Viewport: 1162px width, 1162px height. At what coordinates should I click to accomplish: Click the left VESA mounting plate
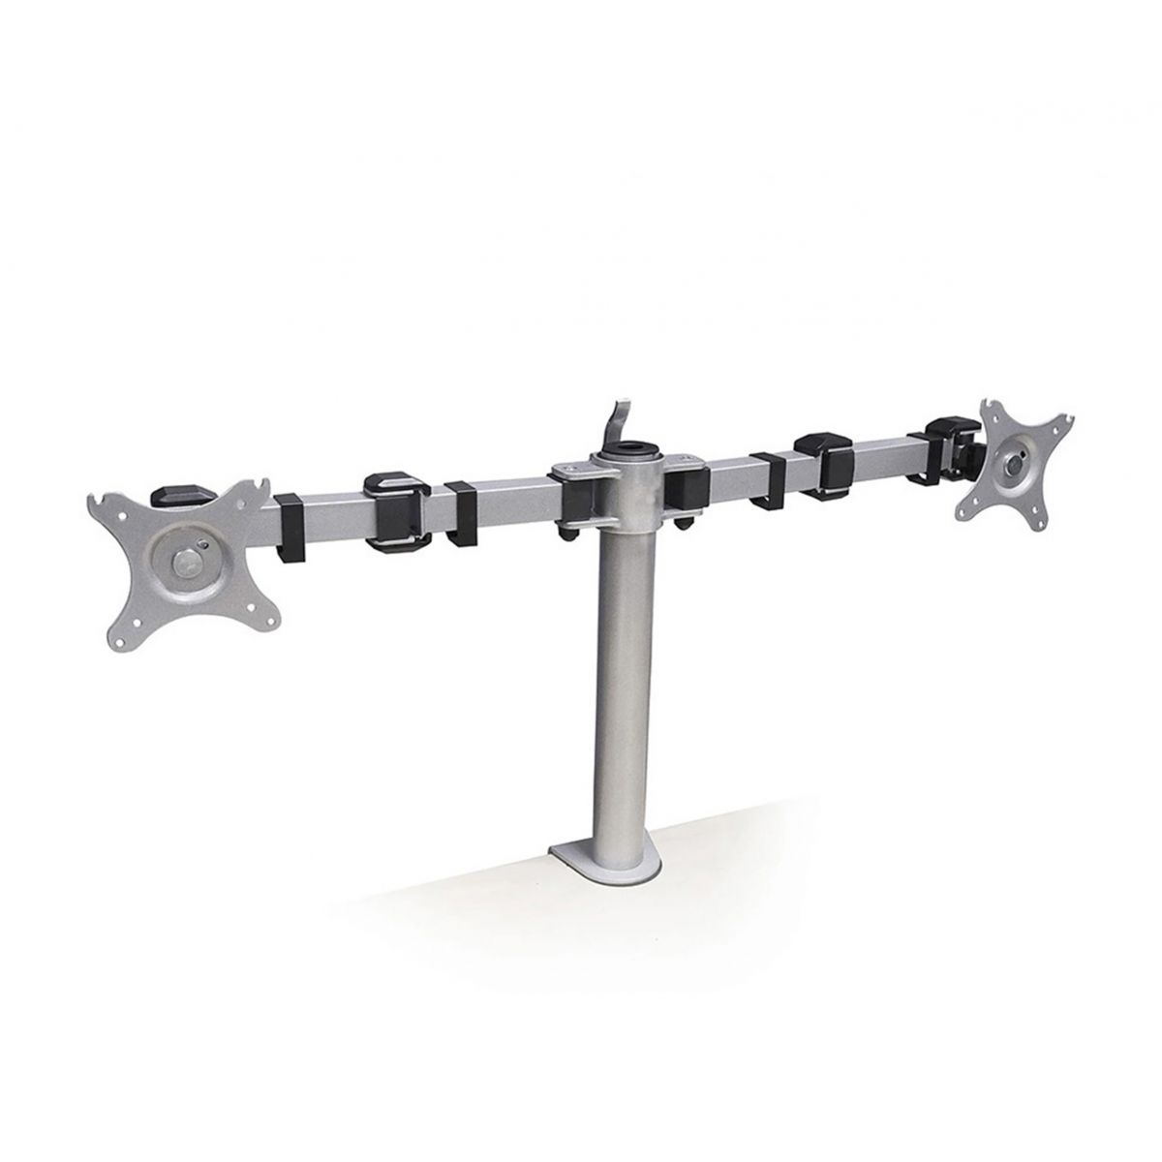click(x=184, y=562)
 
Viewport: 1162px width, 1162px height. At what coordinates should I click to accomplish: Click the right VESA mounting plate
click(x=1013, y=464)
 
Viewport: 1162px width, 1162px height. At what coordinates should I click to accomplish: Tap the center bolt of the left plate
click(x=183, y=561)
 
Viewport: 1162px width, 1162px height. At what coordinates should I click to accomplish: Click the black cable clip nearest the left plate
click(x=289, y=528)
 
